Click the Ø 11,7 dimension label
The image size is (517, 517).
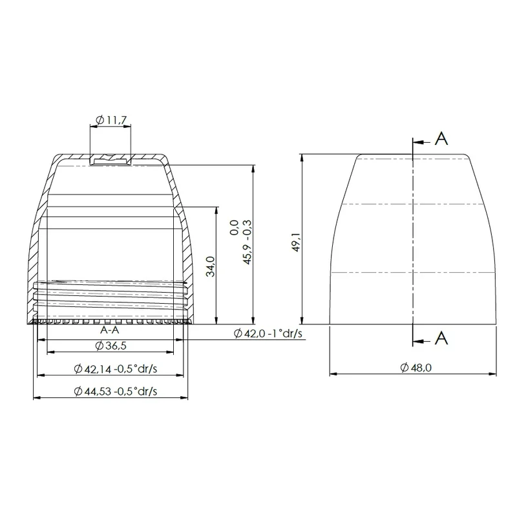click(x=111, y=120)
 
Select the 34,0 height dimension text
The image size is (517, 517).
click(x=211, y=266)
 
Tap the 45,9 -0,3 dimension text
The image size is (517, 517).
click(x=248, y=242)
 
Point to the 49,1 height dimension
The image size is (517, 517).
click(x=296, y=242)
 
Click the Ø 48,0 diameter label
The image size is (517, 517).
click(x=416, y=367)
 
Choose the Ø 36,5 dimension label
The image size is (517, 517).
click(x=111, y=346)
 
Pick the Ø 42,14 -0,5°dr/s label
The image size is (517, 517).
click(x=116, y=368)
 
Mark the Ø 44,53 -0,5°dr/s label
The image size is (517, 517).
click(x=116, y=392)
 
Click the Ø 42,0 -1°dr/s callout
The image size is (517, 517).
click(x=268, y=333)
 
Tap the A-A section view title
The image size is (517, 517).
click(x=109, y=330)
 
